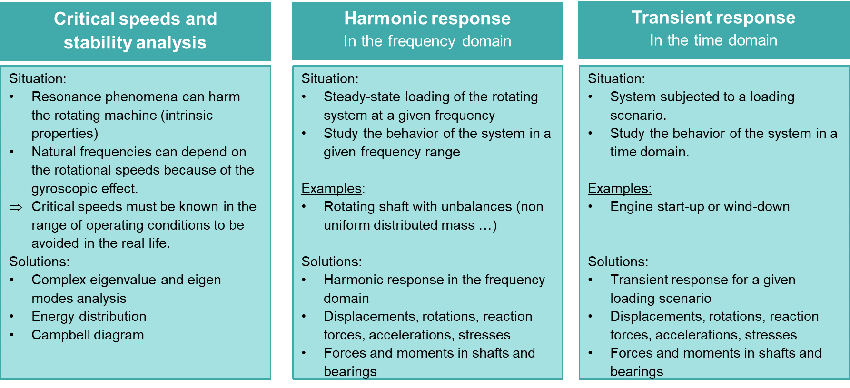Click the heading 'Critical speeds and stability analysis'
[x=135, y=30]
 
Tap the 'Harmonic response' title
[x=427, y=19]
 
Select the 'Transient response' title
[x=713, y=18]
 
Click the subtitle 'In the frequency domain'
[x=427, y=41]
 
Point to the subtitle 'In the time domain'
[x=713, y=40]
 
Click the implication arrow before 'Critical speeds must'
[x=16, y=207]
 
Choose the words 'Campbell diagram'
[x=88, y=335]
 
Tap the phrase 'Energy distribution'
[x=89, y=316]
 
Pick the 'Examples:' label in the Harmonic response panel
[x=333, y=188]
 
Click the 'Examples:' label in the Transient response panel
[x=620, y=188]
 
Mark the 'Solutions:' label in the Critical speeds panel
[x=40, y=262]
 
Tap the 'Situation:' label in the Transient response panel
[x=616, y=78]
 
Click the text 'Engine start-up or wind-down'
[x=700, y=206]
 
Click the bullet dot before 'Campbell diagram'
[x=12, y=335]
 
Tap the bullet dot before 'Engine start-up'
[x=591, y=207]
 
